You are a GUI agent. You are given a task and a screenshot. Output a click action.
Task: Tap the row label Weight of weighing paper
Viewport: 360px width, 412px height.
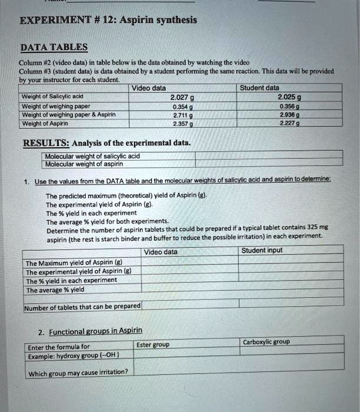coord(51,106)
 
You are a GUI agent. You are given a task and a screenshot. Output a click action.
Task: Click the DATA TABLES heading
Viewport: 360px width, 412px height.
coord(54,47)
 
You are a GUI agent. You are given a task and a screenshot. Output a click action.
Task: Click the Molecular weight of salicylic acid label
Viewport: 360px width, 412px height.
coord(92,156)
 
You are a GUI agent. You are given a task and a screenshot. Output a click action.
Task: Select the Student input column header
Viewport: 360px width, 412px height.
coord(262,251)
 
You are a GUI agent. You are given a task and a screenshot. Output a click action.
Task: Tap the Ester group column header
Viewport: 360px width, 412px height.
coord(152,344)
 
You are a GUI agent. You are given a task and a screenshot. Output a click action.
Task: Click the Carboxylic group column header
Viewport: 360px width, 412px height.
coord(266,342)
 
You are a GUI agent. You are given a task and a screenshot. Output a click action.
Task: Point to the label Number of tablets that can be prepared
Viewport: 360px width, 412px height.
coord(82,306)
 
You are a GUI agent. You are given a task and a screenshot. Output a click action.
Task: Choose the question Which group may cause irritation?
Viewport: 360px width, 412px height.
coord(78,372)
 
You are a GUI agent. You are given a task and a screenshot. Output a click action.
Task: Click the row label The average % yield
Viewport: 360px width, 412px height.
coord(55,290)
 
